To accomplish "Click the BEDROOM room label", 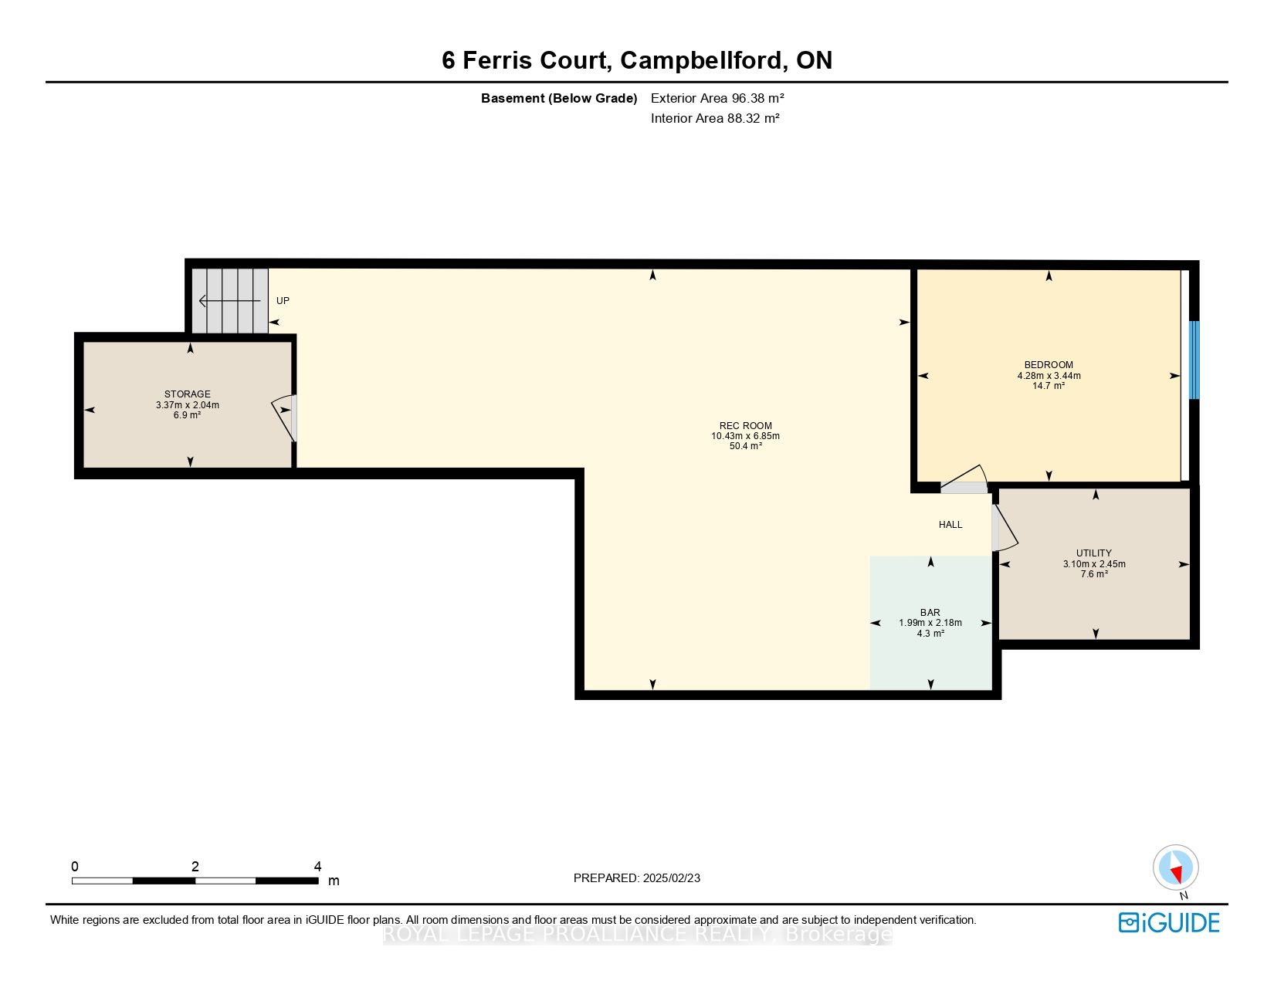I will pos(1049,365).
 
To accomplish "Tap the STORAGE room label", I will pos(187,394).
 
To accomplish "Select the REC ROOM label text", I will pos(745,426).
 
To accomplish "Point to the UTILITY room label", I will pos(1093,553).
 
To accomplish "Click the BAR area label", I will pos(930,613).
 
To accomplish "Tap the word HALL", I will pos(950,525).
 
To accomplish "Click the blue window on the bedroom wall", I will pos(1194,360).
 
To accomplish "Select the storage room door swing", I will pos(284,417).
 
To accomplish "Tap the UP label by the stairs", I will pos(283,301).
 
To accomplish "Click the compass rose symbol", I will pos(1175,867).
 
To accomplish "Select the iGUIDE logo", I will pos(1169,922).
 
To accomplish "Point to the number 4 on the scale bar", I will pos(317,867).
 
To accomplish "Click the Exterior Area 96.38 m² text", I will pos(717,98).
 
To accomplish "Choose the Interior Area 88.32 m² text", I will pos(715,118).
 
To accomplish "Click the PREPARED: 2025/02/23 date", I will pos(637,878).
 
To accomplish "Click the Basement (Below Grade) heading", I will pos(559,98).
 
